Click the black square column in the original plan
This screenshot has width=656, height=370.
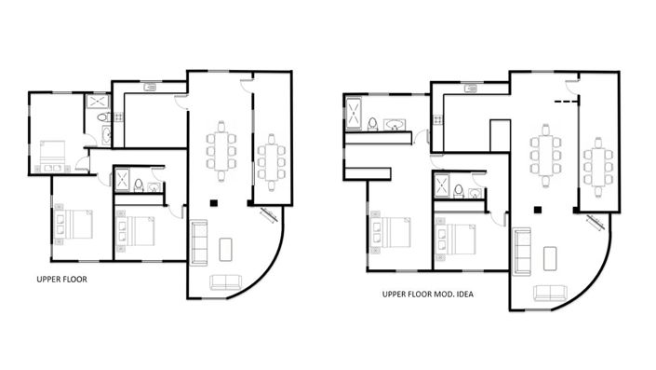[x=213, y=202]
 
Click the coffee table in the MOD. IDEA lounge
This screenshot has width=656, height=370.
[x=550, y=257]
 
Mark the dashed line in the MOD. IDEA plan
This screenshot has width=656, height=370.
[x=566, y=99]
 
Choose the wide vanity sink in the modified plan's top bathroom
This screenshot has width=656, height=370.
[x=395, y=123]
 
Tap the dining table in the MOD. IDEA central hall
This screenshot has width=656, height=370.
[x=545, y=154]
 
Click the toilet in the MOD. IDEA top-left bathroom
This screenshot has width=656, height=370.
[x=372, y=123]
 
